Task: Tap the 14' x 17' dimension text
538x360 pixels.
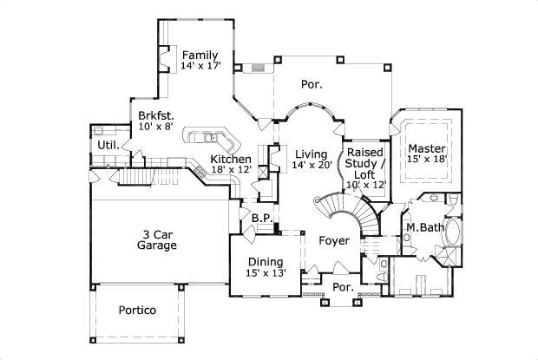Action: [201, 66]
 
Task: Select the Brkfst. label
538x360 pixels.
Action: [156, 115]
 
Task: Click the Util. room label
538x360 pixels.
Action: [108, 144]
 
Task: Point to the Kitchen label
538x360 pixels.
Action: [231, 160]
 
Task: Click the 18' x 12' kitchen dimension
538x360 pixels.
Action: [231, 170]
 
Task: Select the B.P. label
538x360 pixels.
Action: [263, 218]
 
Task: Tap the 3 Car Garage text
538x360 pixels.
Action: [157, 239]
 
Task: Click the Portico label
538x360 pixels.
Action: [137, 310]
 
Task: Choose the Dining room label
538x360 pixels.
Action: [266, 261]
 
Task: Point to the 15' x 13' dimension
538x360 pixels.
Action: [266, 272]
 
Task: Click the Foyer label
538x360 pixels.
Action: [334, 240]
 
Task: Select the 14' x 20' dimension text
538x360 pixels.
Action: [312, 165]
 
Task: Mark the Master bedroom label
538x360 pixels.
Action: [427, 148]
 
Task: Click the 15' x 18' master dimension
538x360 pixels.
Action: [427, 160]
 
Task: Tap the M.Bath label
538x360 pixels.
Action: [425, 228]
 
